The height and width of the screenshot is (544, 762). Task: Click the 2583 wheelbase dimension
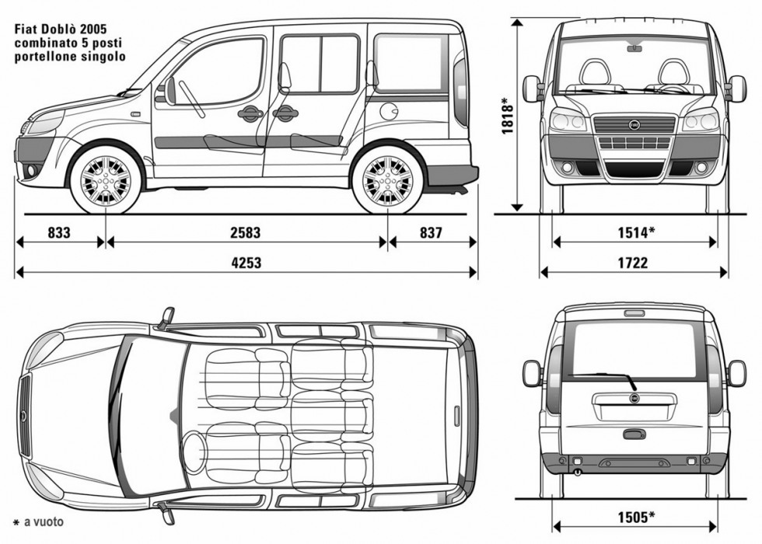(245, 232)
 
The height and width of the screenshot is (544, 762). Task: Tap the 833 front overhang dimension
(58, 232)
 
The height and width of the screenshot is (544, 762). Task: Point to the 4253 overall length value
(246, 263)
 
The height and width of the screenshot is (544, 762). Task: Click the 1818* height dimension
(508, 117)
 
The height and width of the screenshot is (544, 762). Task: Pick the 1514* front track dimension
(634, 232)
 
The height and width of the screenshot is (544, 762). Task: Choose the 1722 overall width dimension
(633, 263)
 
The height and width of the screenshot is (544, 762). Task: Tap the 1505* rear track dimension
(634, 515)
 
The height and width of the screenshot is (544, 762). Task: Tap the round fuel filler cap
(388, 111)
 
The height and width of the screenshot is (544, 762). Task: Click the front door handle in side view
(250, 113)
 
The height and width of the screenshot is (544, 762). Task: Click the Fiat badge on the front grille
(634, 124)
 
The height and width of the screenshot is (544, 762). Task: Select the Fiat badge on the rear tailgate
(634, 399)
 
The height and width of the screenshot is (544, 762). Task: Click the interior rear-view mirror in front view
(634, 48)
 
